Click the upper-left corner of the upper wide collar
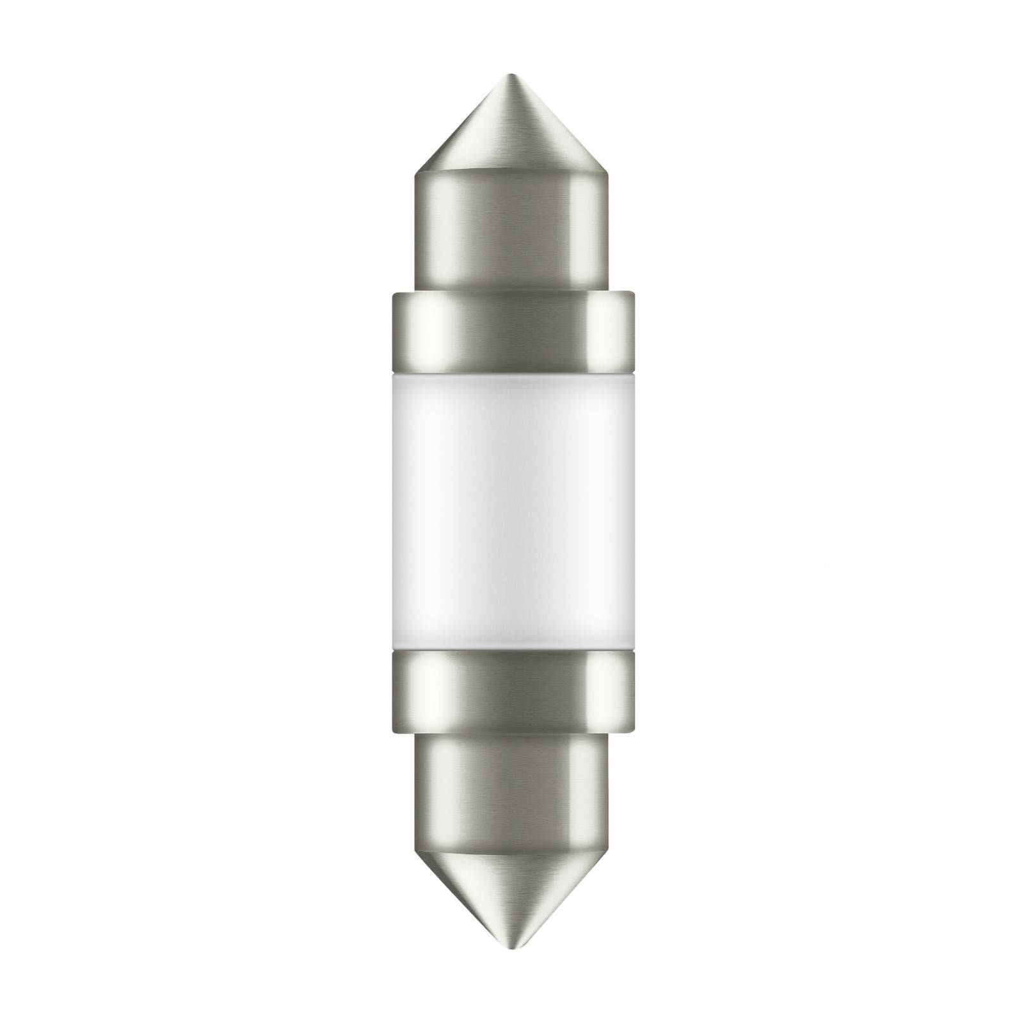pyautogui.click(x=393, y=295)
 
